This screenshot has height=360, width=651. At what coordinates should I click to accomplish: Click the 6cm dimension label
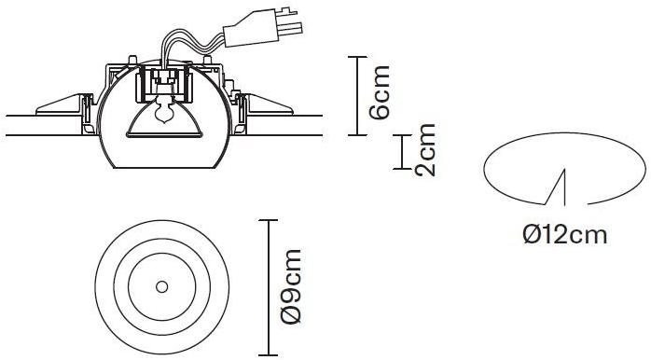(380, 92)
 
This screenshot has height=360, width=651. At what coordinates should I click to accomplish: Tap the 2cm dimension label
(424, 150)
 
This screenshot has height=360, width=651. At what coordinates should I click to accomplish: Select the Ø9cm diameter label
(290, 286)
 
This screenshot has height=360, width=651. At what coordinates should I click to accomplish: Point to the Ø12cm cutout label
(565, 235)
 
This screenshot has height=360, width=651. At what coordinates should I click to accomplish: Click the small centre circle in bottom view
(161, 286)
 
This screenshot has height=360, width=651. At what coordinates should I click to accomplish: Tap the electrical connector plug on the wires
(262, 27)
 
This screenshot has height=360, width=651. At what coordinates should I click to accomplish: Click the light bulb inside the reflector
(163, 110)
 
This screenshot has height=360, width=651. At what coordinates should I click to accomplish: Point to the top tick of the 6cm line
(357, 57)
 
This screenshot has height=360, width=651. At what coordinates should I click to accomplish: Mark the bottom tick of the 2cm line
(402, 169)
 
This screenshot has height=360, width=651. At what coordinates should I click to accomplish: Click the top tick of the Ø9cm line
(269, 220)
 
